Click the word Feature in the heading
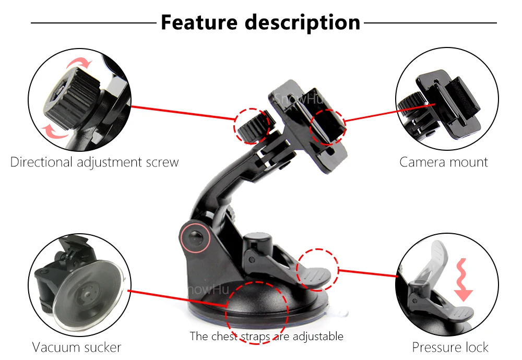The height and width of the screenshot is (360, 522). click(199, 22)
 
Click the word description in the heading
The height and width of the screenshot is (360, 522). click(302, 22)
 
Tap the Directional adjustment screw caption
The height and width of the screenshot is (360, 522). click(94, 162)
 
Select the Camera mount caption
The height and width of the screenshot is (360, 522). click(444, 162)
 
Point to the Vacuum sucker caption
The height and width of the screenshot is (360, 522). click(77, 347)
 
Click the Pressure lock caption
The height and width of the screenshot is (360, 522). click(450, 347)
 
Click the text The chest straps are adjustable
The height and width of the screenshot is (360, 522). click(266, 336)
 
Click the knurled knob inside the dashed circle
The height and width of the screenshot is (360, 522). click(252, 125)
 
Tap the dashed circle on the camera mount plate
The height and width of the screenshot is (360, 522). click(328, 126)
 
